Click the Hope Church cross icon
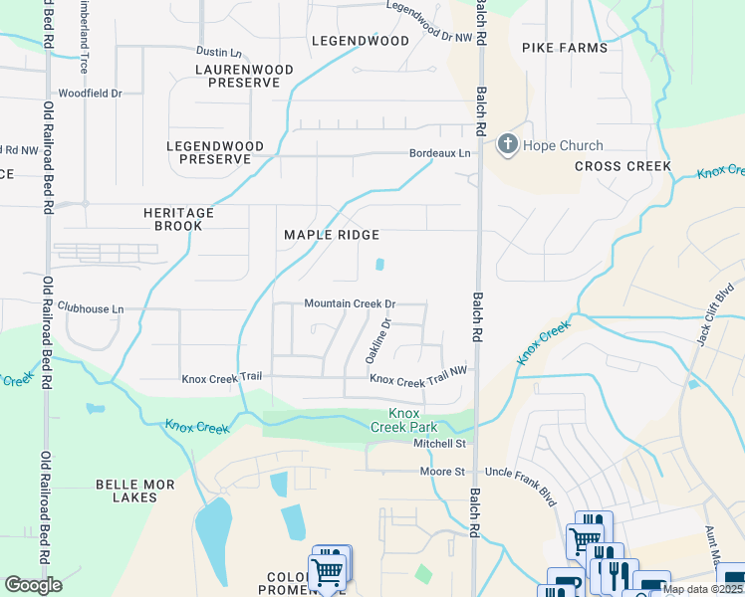[x=507, y=145]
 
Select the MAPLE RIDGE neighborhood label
[x=332, y=235]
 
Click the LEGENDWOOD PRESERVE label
[x=215, y=152]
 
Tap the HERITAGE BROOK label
[x=178, y=219]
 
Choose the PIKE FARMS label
[x=564, y=48]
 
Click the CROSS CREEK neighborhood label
[x=622, y=166]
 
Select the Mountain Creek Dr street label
[x=350, y=303]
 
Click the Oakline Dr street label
[x=386, y=337]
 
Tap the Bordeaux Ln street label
[x=439, y=154]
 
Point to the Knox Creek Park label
[x=402, y=419]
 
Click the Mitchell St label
[x=440, y=444]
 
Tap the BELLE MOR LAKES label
[x=134, y=491]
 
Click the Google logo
[x=33, y=585]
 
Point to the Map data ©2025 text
[x=702, y=589]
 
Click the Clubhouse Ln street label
[x=90, y=309]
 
